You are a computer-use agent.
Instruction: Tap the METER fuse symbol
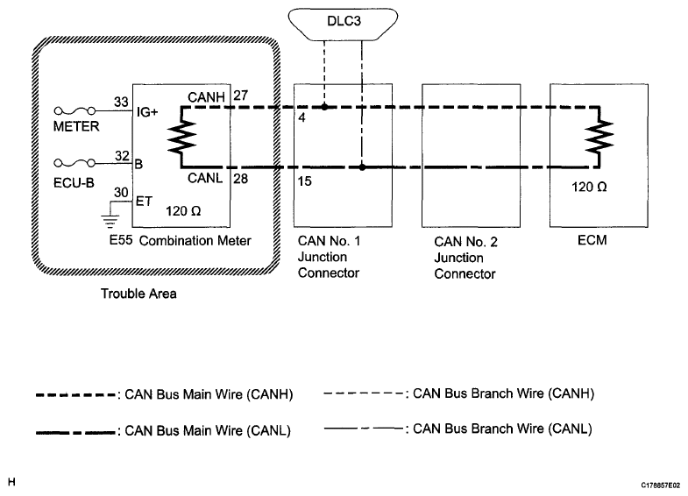[x=75, y=110]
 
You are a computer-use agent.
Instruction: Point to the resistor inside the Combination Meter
[x=181, y=137]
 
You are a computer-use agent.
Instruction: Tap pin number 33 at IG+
[x=122, y=101]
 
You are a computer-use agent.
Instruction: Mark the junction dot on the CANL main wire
[x=361, y=166]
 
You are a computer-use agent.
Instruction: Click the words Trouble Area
[x=138, y=294]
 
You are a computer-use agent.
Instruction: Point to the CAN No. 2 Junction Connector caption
[x=466, y=258]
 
